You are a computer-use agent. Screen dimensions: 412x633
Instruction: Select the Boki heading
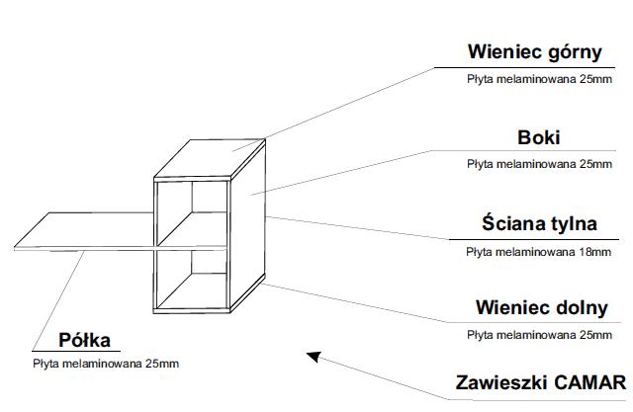tap(539, 138)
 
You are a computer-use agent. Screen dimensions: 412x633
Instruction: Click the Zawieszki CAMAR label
tap(540, 382)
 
